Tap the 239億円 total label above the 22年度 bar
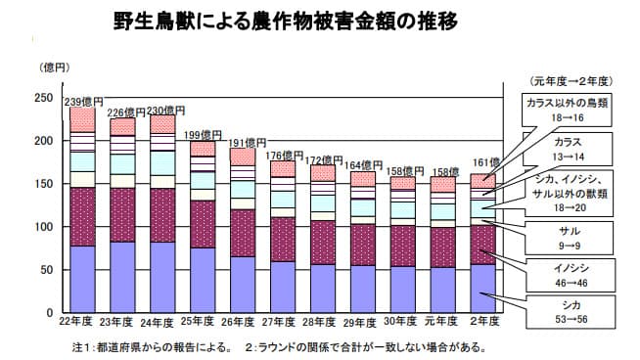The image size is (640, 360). click(83, 101)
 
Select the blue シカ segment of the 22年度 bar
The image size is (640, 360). click(82, 278)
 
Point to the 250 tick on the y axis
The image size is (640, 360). click(43, 98)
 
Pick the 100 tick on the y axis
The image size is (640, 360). click(43, 227)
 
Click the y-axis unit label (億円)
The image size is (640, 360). click(54, 67)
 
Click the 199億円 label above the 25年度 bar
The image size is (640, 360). click(205, 134)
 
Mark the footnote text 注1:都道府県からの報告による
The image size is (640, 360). click(152, 346)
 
